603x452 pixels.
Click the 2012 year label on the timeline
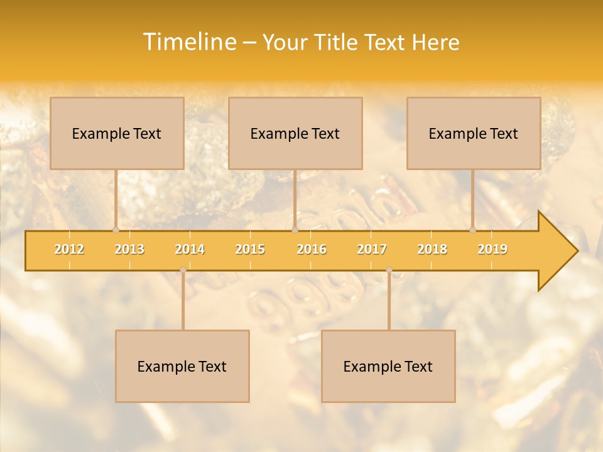click(x=69, y=249)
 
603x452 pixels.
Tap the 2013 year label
click(x=129, y=249)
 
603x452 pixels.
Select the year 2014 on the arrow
click(x=190, y=249)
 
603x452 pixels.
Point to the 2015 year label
click(x=250, y=249)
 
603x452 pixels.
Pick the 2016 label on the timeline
click(x=312, y=249)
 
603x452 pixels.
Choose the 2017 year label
click(x=372, y=249)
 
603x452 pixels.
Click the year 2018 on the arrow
click(x=432, y=249)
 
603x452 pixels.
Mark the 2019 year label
click(x=492, y=249)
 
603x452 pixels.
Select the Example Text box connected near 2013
click(x=117, y=133)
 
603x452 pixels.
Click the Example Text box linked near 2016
click(x=295, y=133)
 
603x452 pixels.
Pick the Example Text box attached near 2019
click(x=474, y=133)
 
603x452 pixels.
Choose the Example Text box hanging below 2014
click(x=182, y=366)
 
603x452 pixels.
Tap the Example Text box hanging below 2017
click(x=388, y=366)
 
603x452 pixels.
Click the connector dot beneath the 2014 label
click(x=183, y=269)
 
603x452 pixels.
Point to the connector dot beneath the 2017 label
click(x=389, y=269)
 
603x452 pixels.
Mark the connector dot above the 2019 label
click(x=473, y=230)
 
